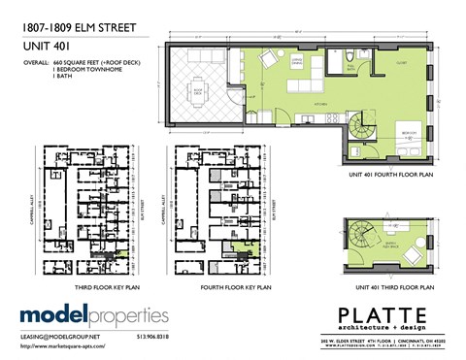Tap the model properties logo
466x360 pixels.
click(94, 315)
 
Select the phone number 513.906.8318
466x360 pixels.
click(150, 337)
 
